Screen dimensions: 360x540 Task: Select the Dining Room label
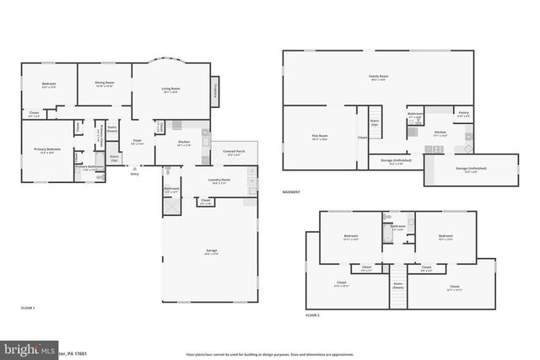[105, 82]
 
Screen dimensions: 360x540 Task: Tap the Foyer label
[136, 142]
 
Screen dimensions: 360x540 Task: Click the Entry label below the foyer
[134, 174]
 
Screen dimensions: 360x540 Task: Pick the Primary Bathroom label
[89, 167]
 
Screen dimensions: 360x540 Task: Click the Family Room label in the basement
[378, 77]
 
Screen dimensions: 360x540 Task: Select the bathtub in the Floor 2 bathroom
[386, 235]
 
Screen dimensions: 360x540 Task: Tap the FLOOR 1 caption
[28, 309]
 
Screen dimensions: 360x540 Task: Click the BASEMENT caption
[293, 192]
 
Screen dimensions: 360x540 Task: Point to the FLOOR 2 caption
[315, 314]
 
